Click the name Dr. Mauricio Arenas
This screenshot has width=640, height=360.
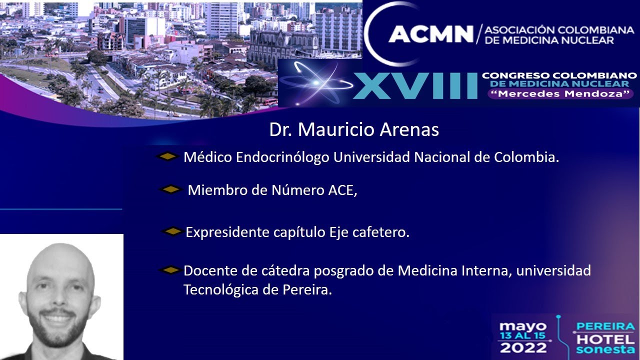[354, 130]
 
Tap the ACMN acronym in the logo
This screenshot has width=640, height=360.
[430, 34]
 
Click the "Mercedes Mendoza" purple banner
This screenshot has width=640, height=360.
[559, 93]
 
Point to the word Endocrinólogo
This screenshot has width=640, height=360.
[282, 157]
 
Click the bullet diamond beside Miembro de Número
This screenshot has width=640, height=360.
[170, 189]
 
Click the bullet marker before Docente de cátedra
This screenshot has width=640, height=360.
[170, 270]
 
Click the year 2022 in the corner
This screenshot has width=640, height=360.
[522, 347]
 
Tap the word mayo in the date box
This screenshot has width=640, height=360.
[522, 327]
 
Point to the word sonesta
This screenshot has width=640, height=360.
[605, 349]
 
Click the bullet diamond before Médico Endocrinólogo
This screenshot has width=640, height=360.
[167, 156]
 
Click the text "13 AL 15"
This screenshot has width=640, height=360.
[522, 336]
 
